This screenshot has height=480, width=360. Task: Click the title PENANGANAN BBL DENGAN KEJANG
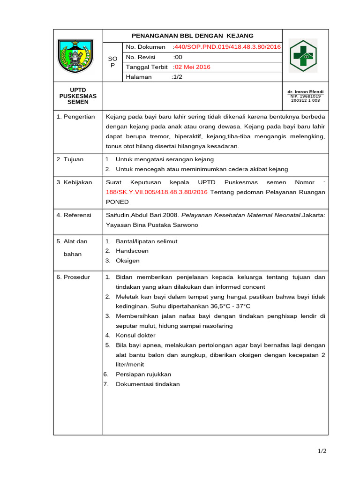(192, 36)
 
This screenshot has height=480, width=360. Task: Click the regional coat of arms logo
(75, 55)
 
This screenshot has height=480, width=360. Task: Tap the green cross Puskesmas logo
(302, 55)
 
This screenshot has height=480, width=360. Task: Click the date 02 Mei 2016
(192, 67)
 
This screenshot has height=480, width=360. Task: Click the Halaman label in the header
(139, 77)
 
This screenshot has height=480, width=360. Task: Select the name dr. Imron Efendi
(305, 92)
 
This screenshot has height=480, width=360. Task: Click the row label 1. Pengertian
(75, 117)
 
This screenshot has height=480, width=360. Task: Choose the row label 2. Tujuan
(70, 159)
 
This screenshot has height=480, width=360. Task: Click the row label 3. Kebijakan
(74, 182)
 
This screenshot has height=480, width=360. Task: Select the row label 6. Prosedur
(73, 277)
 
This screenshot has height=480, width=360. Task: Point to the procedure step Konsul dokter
(135, 335)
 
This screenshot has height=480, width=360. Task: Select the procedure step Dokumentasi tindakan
(148, 384)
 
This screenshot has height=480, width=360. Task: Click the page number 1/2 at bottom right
(322, 451)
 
